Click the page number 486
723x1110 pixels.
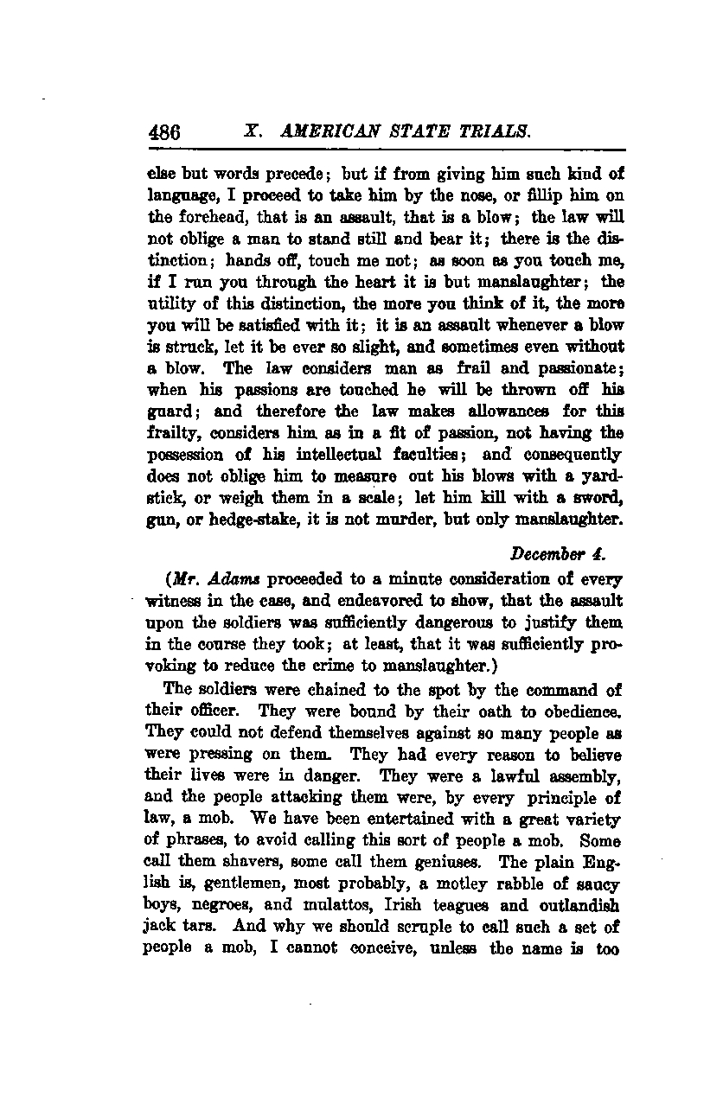164,132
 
